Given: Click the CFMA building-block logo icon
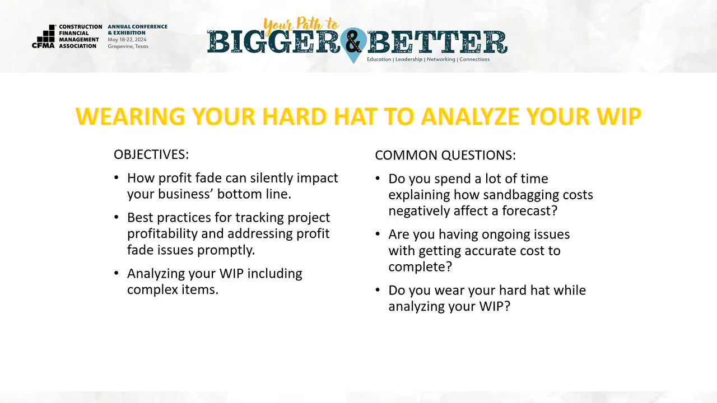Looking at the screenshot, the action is (x=44, y=36).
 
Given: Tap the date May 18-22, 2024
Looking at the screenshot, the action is (x=127, y=40).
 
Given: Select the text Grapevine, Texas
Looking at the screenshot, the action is (x=128, y=46).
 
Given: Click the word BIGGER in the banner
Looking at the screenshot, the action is (x=274, y=42).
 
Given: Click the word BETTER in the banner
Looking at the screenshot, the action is (x=437, y=42).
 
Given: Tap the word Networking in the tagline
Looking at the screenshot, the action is (x=441, y=59).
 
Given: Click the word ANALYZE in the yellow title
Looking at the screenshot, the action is (x=470, y=116).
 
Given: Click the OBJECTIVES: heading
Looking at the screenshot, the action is (x=151, y=154).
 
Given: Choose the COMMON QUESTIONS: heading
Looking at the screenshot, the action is (x=445, y=155).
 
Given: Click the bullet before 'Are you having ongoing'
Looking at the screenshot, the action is (x=378, y=234).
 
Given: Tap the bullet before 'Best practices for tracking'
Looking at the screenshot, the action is (x=117, y=218).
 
